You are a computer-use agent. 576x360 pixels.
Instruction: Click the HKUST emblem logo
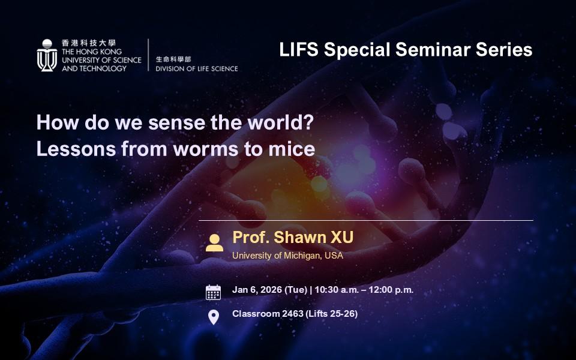47,55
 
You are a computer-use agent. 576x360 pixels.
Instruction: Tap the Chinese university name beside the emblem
89,43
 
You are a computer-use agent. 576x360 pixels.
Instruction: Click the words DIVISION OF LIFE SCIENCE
197,68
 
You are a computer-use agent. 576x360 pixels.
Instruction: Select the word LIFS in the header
299,50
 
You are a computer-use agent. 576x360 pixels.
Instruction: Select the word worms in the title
206,149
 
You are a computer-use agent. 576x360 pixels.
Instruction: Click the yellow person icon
214,243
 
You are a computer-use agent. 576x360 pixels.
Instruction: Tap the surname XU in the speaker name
342,238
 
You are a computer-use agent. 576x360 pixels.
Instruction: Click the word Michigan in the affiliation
302,256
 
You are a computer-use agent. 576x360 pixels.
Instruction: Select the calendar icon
213,292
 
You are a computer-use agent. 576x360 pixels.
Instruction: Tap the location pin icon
214,317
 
